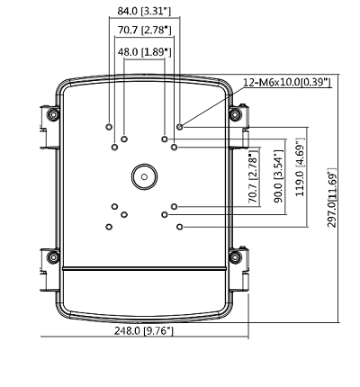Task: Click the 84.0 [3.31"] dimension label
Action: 144,12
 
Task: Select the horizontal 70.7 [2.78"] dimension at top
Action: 144,30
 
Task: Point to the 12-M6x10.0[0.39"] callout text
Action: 286,83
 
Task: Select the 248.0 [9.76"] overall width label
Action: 145,330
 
